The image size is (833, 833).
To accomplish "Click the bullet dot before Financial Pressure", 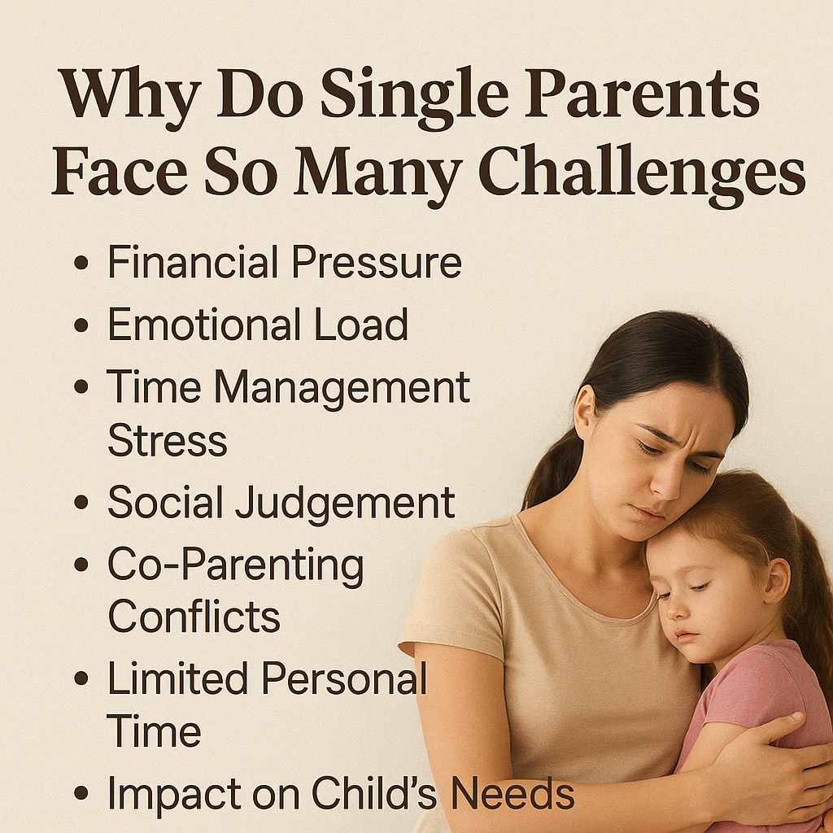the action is (x=81, y=263).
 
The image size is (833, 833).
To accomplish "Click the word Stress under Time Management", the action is (x=168, y=440).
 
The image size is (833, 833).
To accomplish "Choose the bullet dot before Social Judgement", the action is (x=81, y=502).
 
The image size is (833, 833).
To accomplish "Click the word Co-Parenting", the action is (x=235, y=566).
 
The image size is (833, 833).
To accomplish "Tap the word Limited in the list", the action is (x=177, y=678).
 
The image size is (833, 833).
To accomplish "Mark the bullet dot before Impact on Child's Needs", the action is (x=81, y=793).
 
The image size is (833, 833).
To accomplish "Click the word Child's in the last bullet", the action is (x=373, y=792).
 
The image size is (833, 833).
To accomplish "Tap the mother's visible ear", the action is (x=584, y=412).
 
